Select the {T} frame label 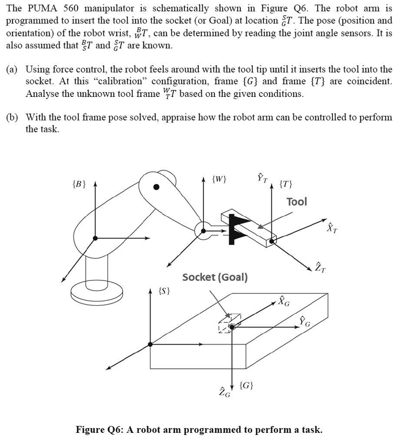click(x=285, y=184)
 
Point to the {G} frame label click(x=249, y=385)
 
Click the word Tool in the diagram click(x=297, y=201)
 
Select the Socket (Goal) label click(x=215, y=277)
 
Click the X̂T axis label click(x=332, y=227)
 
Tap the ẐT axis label click(x=320, y=266)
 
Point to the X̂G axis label click(x=283, y=300)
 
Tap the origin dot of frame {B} click(x=95, y=238)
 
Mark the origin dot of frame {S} click(x=150, y=344)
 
